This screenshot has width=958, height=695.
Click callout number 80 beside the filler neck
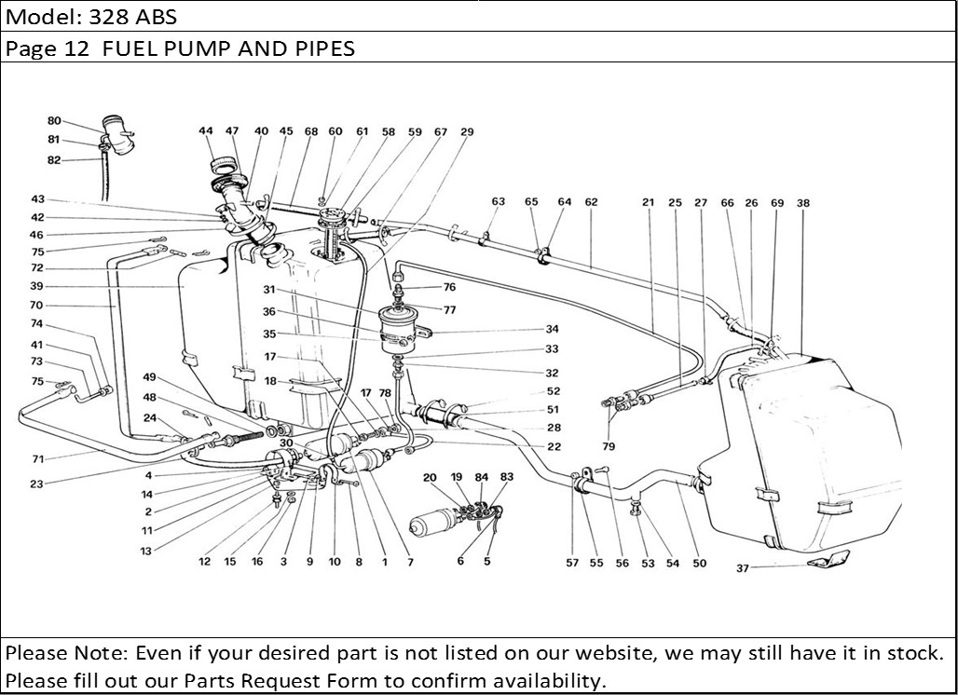[x=54, y=121]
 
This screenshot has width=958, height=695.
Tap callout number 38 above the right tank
[x=803, y=201]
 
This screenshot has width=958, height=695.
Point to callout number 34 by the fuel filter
[x=552, y=329]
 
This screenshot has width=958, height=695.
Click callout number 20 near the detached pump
[x=430, y=477]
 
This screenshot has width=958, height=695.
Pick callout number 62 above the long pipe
[x=591, y=201]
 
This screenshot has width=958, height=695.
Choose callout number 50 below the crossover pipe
[x=699, y=564]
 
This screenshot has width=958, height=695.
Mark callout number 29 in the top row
[x=467, y=132]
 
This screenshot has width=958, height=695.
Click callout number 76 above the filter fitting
[x=449, y=287]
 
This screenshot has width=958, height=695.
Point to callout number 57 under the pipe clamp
[x=572, y=564]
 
